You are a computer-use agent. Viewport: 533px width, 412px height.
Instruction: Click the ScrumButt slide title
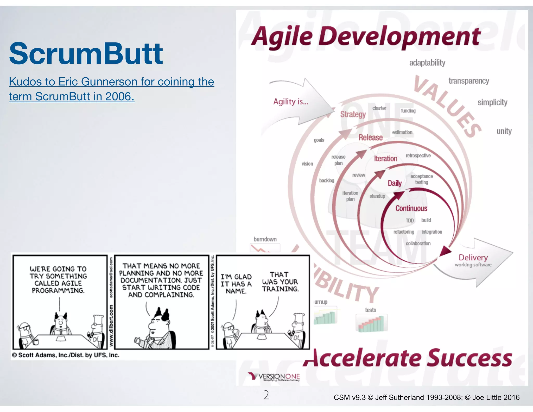[86, 54]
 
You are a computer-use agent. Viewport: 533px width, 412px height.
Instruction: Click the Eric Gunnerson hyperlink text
[111, 89]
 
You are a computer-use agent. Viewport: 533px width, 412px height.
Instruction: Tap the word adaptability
[427, 63]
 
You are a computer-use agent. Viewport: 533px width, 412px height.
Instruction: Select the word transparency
[468, 81]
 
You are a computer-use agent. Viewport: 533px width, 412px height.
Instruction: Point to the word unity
[504, 131]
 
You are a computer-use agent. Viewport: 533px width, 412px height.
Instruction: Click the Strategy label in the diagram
[353, 114]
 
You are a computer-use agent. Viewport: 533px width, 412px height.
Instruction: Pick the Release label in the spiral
[370, 138]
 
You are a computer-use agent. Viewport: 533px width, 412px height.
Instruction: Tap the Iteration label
[385, 159]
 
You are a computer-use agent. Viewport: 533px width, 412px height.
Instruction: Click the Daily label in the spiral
[395, 183]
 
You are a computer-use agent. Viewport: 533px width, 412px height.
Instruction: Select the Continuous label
[411, 208]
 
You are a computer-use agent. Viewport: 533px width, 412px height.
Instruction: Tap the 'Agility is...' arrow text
[290, 102]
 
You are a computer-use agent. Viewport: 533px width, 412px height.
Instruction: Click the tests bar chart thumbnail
[371, 323]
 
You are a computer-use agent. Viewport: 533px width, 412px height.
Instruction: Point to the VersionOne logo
[274, 377]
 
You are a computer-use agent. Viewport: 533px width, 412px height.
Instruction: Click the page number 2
[266, 395]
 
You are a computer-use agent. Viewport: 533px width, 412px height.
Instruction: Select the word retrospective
[418, 156]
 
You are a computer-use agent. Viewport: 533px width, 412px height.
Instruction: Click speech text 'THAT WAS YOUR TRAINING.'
[280, 282]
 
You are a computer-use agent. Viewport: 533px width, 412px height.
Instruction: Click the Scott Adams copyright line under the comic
[66, 355]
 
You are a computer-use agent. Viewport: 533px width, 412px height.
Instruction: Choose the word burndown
[265, 239]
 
